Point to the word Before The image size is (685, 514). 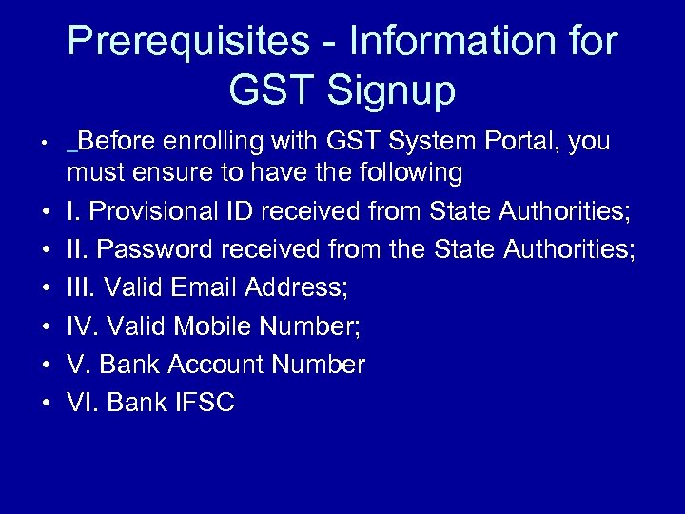[x=119, y=142]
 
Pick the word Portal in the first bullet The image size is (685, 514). [x=520, y=142]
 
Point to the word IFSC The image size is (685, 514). [x=204, y=403]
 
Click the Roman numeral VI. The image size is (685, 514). [x=82, y=403]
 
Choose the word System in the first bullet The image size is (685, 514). [x=430, y=142]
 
